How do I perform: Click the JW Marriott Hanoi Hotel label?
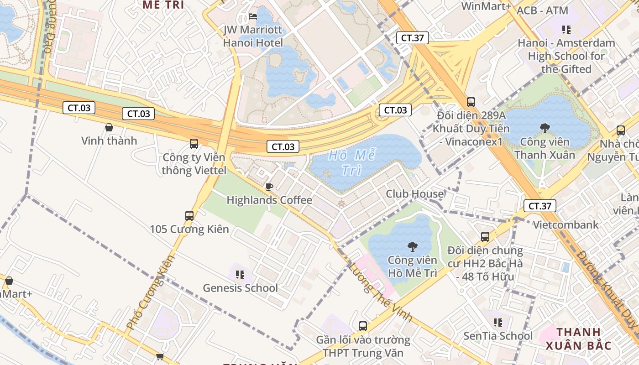click(253, 36)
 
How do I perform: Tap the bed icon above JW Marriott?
click(253, 17)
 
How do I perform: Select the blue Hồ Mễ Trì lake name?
click(352, 162)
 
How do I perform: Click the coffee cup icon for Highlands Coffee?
click(269, 186)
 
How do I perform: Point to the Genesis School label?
click(240, 288)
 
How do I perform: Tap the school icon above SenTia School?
click(498, 323)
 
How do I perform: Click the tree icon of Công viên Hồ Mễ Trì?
click(412, 247)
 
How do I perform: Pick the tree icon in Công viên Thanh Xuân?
click(545, 128)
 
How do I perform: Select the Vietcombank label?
click(566, 224)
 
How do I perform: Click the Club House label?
click(414, 194)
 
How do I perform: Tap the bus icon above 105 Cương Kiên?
click(189, 216)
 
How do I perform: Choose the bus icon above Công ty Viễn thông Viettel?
click(194, 144)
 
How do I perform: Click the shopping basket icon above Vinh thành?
click(109, 127)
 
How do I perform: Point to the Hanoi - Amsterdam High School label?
click(566, 56)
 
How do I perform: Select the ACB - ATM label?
click(542, 10)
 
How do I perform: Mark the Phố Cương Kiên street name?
click(151, 292)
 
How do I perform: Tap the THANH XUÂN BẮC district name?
click(578, 339)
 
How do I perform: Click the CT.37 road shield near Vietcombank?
click(539, 206)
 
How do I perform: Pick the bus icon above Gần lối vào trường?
click(363, 326)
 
